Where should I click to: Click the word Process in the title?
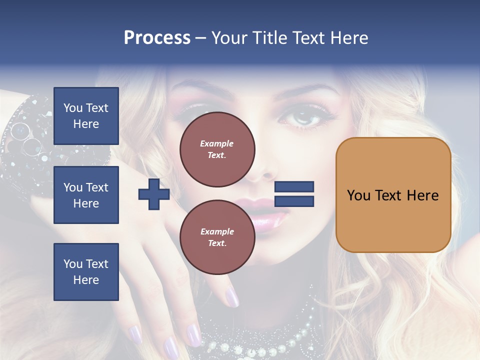point(157,38)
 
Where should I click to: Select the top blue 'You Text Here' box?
point(86,116)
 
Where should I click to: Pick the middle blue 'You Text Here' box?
point(86,195)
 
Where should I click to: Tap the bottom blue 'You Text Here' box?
point(86,271)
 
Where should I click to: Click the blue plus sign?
point(154,194)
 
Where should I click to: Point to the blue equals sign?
point(294,194)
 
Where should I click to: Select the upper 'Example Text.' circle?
point(217,149)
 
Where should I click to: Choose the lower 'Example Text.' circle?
point(217,237)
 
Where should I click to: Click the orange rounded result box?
point(393,195)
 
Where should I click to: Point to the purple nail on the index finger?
point(231,297)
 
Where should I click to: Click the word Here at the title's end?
point(349,38)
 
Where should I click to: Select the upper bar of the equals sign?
point(294,187)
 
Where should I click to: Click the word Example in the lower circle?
point(217,231)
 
